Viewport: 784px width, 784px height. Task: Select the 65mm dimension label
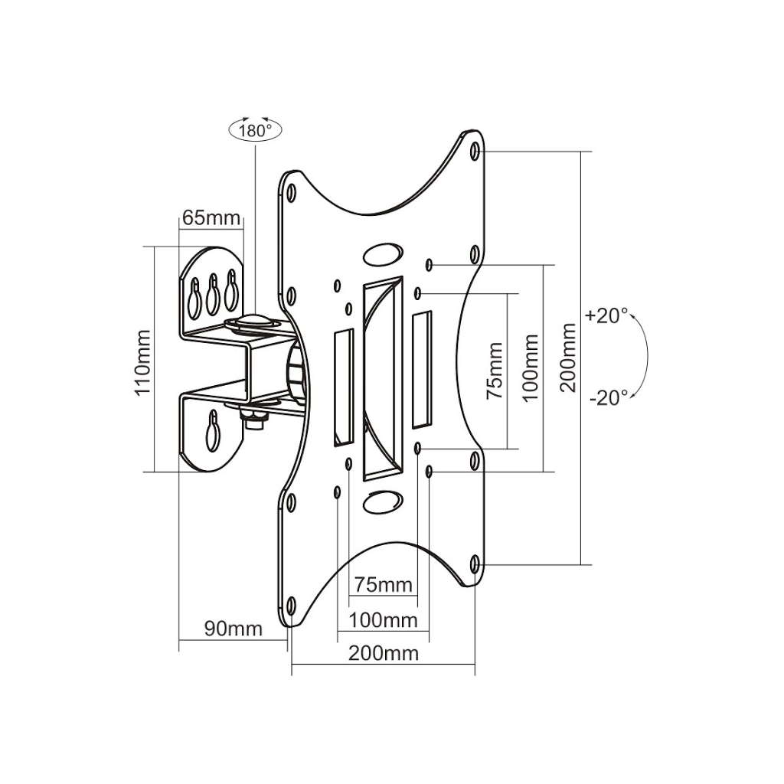coord(211,218)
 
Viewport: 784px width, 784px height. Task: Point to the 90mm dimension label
coord(233,629)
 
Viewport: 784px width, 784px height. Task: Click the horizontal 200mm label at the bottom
coord(384,653)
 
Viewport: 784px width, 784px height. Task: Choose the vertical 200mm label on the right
coord(568,357)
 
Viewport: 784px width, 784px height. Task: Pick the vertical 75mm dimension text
coord(495,371)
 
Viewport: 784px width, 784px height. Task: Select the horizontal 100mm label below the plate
coord(383,619)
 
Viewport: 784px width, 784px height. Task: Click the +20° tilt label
coord(606,315)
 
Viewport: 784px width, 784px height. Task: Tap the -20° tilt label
coord(609,397)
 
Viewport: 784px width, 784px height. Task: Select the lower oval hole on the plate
coord(381,501)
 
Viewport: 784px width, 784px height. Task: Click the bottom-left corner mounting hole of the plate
coord(291,604)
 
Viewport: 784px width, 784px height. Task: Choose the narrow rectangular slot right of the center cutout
coord(422,369)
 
